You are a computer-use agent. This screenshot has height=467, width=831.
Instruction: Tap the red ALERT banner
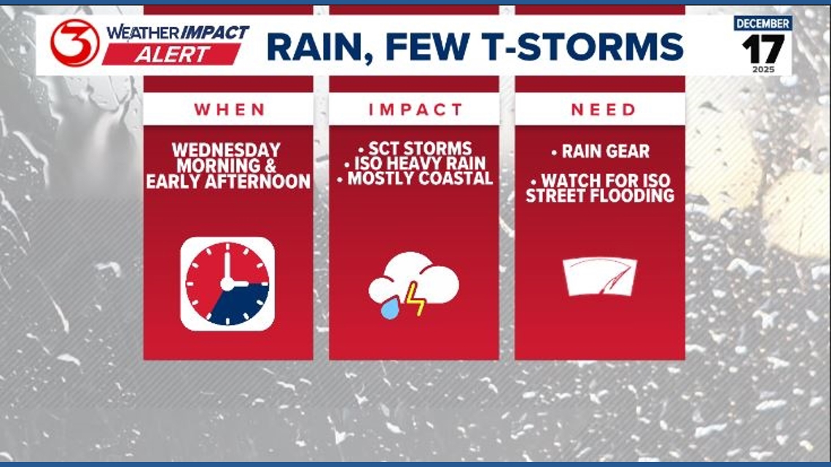click(x=171, y=54)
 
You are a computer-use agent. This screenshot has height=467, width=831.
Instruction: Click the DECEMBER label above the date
click(x=762, y=23)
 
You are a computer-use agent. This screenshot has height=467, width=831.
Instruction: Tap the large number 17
click(x=762, y=50)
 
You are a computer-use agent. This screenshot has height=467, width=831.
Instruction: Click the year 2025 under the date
click(x=762, y=69)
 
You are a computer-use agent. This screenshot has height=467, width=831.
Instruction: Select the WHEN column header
click(x=229, y=109)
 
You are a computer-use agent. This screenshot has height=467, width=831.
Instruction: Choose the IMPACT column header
click(x=415, y=109)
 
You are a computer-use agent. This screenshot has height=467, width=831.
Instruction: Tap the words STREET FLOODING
click(x=600, y=195)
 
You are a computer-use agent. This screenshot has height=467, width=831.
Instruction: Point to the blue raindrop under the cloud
click(x=389, y=309)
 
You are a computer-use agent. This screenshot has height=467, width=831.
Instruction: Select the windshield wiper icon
click(x=600, y=276)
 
